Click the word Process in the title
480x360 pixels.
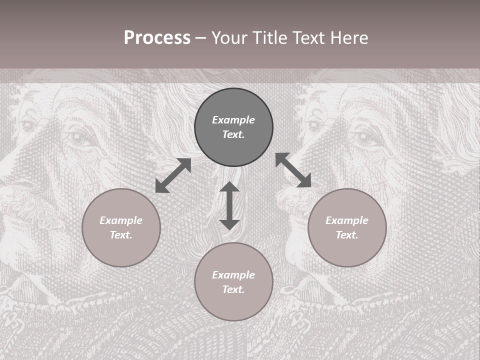point(157,38)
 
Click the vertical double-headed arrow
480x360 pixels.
point(229,205)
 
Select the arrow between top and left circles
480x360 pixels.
point(173,175)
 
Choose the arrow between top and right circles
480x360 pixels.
point(293,170)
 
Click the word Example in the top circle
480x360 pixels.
point(233,120)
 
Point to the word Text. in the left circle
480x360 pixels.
point(121,235)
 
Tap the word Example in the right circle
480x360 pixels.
point(347,220)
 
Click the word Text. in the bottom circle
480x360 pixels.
point(233,289)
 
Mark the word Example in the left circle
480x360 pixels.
point(121,220)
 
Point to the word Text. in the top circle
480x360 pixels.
point(233,134)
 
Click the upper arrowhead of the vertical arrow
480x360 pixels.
point(229,187)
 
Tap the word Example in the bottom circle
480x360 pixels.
point(233,275)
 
